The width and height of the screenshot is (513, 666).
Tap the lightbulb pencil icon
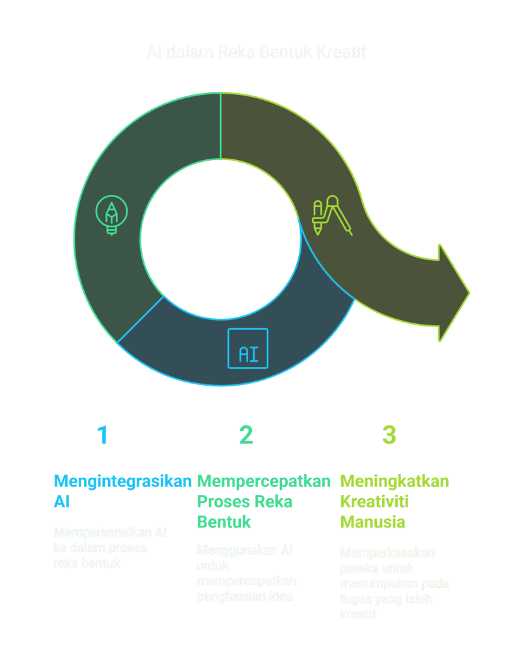pyautogui.click(x=111, y=215)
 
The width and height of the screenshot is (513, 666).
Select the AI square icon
pyautogui.click(x=247, y=349)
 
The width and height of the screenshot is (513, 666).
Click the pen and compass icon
pyautogui.click(x=331, y=215)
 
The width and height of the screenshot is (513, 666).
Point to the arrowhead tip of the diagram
pyautogui.click(x=467, y=293)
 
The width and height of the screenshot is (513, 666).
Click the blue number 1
pyautogui.click(x=102, y=435)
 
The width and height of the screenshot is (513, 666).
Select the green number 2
pyautogui.click(x=245, y=435)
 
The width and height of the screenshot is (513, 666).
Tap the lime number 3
pyautogui.click(x=389, y=435)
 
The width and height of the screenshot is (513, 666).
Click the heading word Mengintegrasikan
pyautogui.click(x=122, y=481)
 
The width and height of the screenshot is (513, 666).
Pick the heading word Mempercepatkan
pyautogui.click(x=264, y=481)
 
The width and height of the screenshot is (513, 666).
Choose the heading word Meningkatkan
pyautogui.click(x=395, y=481)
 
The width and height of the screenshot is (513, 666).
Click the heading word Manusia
pyautogui.click(x=372, y=522)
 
